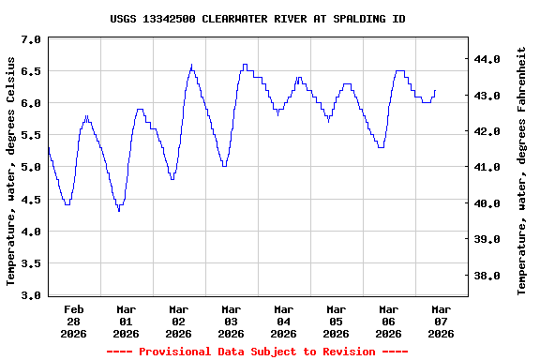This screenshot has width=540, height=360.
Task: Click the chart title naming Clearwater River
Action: tap(258, 19)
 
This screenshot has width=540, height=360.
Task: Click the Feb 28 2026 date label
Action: tap(73, 321)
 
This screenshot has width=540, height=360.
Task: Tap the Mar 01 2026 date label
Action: tap(126, 321)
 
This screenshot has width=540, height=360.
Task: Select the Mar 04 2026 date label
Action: tap(283, 321)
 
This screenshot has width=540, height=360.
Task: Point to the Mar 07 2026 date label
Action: tap(441, 321)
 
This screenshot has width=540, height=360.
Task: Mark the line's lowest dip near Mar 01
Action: tap(119, 211)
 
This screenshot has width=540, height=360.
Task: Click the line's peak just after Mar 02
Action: tap(192, 66)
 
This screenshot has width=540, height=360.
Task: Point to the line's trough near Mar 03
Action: tap(223, 166)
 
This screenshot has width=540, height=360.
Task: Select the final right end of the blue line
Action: tap(435, 90)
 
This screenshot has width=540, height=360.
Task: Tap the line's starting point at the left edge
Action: tap(48, 147)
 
